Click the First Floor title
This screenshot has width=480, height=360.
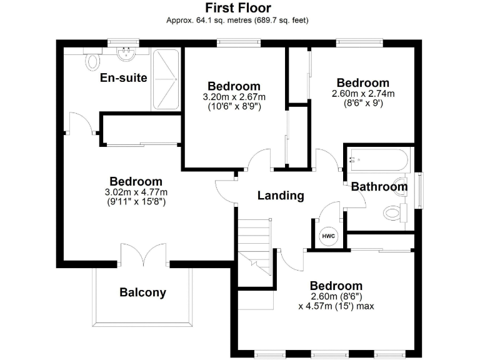239,8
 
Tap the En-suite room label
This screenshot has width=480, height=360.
124,78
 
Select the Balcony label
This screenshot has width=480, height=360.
143,292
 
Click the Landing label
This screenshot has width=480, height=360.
281,196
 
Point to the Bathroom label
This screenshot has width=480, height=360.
379,186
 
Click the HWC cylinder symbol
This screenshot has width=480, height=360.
327,236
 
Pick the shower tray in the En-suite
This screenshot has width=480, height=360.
166,79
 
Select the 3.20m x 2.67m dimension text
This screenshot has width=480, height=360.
234,97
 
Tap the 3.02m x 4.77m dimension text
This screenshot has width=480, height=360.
136,192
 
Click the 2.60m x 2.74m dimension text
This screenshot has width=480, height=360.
362,94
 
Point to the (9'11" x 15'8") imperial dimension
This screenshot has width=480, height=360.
136,202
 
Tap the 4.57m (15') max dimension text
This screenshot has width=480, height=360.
336,306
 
